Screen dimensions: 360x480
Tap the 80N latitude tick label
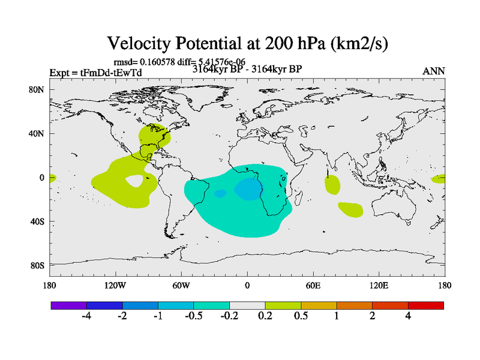click(x=38, y=90)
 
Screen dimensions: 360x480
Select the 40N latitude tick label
click(x=38, y=134)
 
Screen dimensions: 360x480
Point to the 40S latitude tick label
click(x=38, y=221)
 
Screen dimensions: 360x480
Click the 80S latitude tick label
click(x=38, y=265)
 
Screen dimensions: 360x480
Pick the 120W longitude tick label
click(x=115, y=285)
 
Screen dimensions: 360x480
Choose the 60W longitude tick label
click(x=181, y=285)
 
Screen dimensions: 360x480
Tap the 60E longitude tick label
click(x=313, y=285)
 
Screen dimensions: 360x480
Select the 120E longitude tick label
click(x=379, y=285)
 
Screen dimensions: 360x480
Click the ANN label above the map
click(x=434, y=71)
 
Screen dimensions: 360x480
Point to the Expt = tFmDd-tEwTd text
click(x=95, y=73)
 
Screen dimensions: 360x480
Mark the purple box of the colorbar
click(x=68, y=305)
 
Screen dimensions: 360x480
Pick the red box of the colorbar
click(x=426, y=305)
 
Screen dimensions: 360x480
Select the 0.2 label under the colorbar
click(x=265, y=317)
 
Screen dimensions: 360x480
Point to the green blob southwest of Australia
click(x=350, y=209)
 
